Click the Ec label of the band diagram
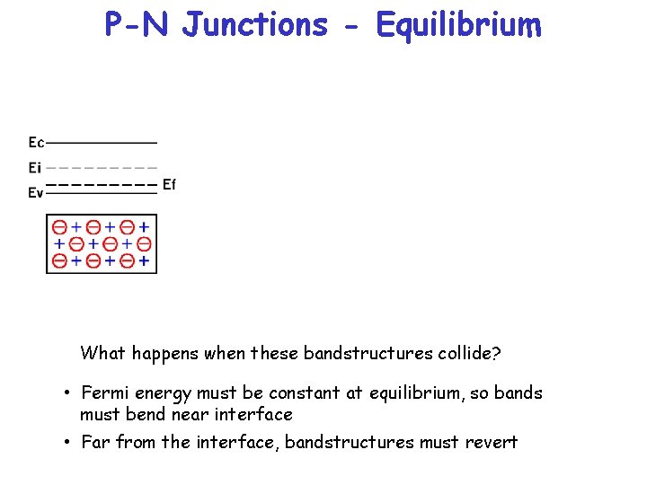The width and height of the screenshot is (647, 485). (36, 142)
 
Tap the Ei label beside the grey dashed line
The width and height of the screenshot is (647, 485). (35, 167)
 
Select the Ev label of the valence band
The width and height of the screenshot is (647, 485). (36, 192)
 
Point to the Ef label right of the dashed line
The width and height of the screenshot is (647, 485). (169, 184)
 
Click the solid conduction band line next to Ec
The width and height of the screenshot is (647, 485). (101, 142)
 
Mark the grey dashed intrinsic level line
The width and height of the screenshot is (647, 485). (101, 167)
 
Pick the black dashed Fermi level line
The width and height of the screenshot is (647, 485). (101, 184)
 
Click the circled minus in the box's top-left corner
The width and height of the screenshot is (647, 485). (59, 226)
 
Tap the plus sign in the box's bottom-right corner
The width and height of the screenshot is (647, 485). (144, 261)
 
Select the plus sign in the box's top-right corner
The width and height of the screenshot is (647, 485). (144, 226)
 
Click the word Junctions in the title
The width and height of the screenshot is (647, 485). (255, 24)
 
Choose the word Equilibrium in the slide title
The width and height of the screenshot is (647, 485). (459, 26)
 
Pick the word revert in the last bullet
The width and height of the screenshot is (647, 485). (492, 442)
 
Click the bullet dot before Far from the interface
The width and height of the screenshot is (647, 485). (67, 442)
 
